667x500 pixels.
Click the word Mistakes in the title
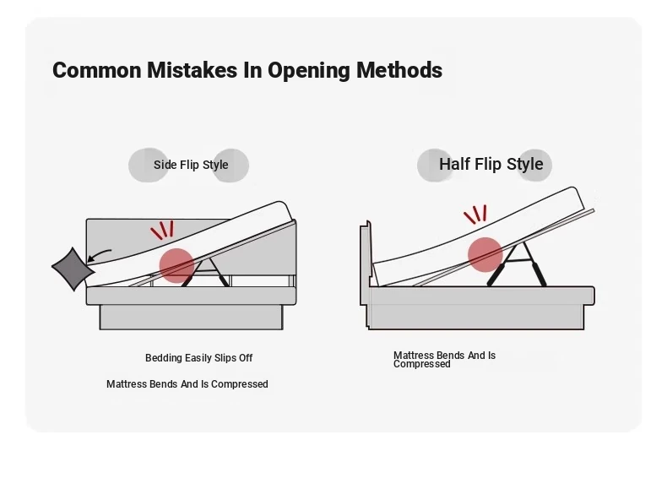click(x=192, y=70)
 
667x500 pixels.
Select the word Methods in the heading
click(x=399, y=70)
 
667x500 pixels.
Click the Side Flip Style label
click(x=191, y=165)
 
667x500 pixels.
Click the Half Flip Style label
click(x=491, y=164)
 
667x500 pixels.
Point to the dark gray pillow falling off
click(x=73, y=269)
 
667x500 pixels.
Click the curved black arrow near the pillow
click(x=99, y=255)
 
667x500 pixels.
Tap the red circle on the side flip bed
click(x=177, y=265)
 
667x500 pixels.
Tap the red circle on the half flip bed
click(x=485, y=254)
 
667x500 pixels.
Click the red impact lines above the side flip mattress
click(x=162, y=231)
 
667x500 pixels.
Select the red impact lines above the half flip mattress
click(x=475, y=215)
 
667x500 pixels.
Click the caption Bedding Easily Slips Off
click(x=198, y=358)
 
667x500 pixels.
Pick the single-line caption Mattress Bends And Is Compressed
click(x=187, y=384)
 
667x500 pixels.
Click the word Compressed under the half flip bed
click(x=421, y=364)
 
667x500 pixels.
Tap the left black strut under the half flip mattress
click(x=496, y=274)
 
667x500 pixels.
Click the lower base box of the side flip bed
click(x=191, y=317)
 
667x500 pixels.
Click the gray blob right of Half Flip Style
click(x=534, y=165)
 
